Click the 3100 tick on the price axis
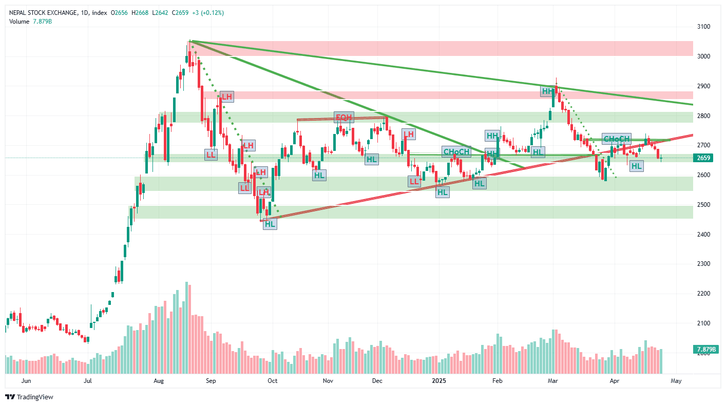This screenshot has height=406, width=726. coord(703,27)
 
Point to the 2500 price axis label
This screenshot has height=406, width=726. coord(703,205)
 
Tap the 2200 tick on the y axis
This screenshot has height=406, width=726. coord(703,294)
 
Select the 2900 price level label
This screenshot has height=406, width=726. coord(703,86)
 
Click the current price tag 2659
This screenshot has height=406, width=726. coord(704,158)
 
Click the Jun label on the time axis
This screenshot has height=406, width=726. coord(27,381)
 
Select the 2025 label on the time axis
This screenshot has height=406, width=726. coord(440,381)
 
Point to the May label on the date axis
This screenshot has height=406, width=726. coord(676,381)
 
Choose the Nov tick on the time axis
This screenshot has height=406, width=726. coord(329,381)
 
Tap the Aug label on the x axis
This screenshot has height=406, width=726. coord(158,381)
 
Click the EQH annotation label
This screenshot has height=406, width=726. coord(344,117)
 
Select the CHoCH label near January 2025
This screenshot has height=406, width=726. coord(456,152)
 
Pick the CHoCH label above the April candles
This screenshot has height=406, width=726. coord(616,139)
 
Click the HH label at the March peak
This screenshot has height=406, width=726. coord(548,91)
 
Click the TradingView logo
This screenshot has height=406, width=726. coord(29,397)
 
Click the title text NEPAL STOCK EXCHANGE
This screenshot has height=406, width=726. coord(43,13)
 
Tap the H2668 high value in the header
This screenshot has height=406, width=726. coord(136,13)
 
